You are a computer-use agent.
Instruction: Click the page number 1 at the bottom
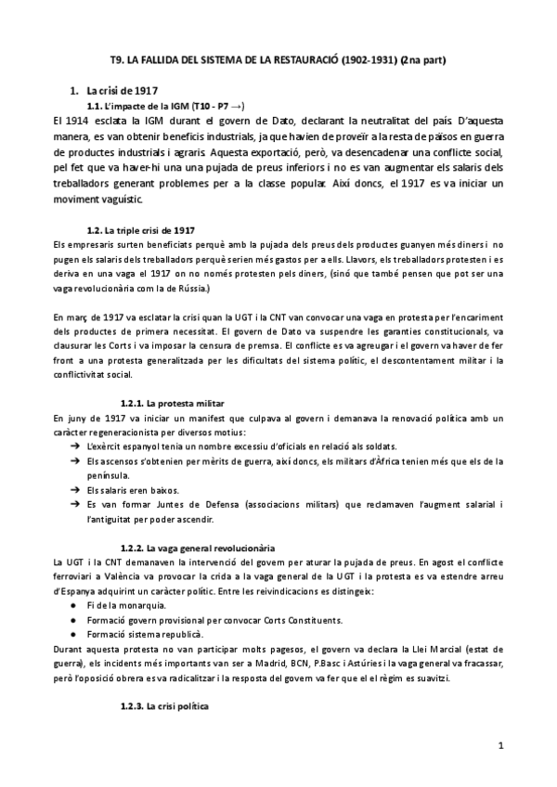500,745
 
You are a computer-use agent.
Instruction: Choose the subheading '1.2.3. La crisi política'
174,707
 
